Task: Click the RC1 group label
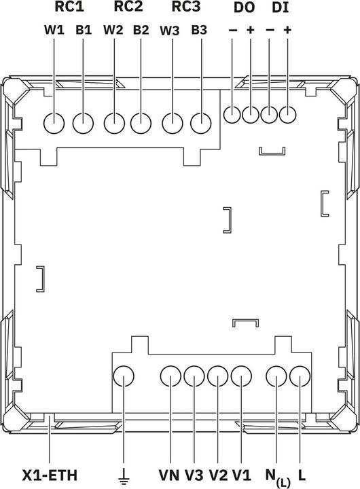(69, 7)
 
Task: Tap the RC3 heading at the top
(186, 7)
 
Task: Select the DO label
(245, 8)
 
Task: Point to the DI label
(281, 8)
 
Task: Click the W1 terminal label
(54, 30)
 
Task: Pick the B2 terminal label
(141, 30)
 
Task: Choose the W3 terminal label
(170, 31)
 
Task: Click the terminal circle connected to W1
(54, 123)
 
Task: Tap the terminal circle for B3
(201, 123)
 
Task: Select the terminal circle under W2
(115, 123)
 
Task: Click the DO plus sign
(251, 30)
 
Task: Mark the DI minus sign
(270, 31)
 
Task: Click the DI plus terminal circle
(287, 115)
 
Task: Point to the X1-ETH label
(50, 475)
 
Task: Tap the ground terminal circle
(124, 376)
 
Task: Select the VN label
(169, 475)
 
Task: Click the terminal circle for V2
(218, 376)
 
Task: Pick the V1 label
(242, 475)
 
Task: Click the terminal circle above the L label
(300, 376)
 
